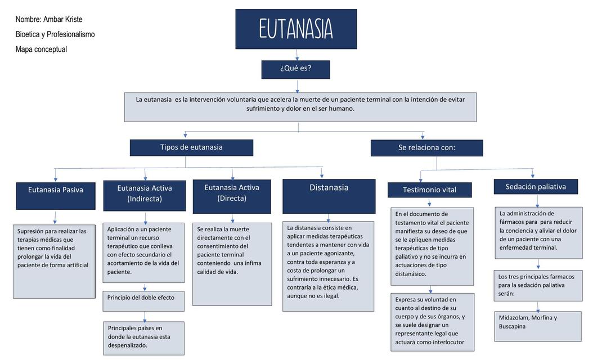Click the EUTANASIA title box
click(296, 29)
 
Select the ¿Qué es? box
click(295, 69)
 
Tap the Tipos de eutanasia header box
click(191, 147)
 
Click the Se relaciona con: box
click(426, 148)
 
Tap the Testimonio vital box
click(429, 190)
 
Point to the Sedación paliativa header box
click(536, 187)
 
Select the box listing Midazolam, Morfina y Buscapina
click(538, 326)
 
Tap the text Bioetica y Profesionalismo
click(55, 34)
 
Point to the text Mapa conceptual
click(41, 49)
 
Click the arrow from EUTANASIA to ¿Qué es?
click(297, 55)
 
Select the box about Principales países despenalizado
click(144, 337)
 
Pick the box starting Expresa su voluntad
click(432, 321)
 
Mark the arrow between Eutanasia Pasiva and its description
click(55, 218)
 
